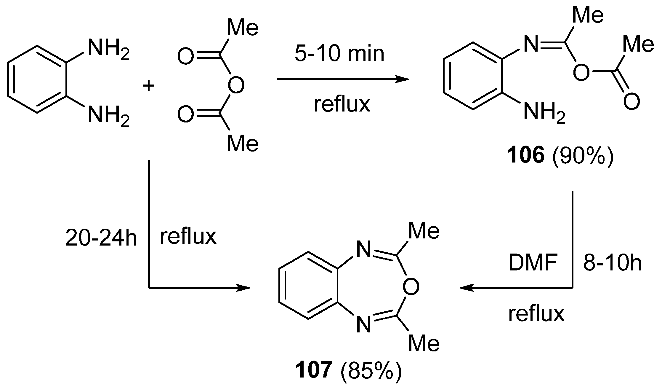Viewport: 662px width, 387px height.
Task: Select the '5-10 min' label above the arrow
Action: [x=339, y=54]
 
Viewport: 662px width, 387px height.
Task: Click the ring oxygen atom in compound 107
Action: [x=411, y=287]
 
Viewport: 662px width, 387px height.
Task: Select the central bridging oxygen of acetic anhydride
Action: [x=236, y=85]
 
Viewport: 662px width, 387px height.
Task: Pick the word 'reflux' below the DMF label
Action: [x=536, y=314]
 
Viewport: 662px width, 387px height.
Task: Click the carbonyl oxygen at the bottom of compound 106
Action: [x=631, y=101]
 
